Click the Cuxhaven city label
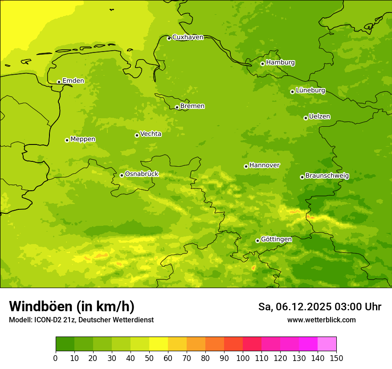[x=188, y=37]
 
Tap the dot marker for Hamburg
[x=262, y=64]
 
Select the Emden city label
[x=73, y=81]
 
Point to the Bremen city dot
[x=177, y=107]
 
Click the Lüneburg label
[x=310, y=90]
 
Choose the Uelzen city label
[x=319, y=116]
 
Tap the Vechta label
[x=151, y=134]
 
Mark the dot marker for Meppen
[x=67, y=140]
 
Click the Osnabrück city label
[x=142, y=174]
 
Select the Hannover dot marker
[x=246, y=166]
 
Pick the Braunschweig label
[x=327, y=176]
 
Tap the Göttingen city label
[x=276, y=239]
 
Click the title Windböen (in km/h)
[x=71, y=306]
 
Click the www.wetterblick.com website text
[x=321, y=320]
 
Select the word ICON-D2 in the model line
[x=48, y=320]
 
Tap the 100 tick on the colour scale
[x=243, y=358]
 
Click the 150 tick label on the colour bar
[x=336, y=358]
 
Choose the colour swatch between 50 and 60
[x=159, y=344]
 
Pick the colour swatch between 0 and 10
[x=65, y=344]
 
